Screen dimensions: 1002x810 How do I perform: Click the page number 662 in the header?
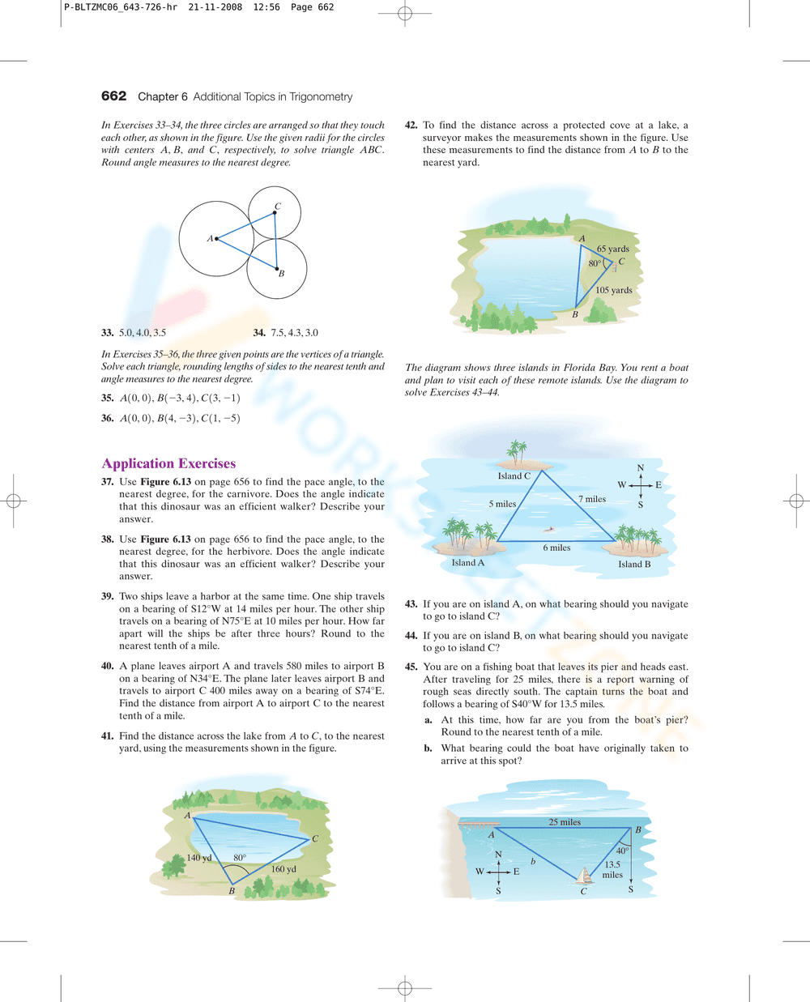click(x=113, y=96)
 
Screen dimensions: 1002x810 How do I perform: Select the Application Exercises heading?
click(x=168, y=463)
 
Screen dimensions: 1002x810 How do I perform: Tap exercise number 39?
click(x=107, y=596)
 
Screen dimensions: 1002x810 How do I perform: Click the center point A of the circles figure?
click(x=216, y=238)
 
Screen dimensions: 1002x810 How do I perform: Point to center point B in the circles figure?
click(x=277, y=269)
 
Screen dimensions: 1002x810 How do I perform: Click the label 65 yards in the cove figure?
click(x=612, y=249)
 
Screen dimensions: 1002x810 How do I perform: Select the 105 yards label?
click(x=613, y=290)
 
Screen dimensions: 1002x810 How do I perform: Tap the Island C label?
click(x=514, y=476)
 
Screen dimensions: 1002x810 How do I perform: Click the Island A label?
click(x=467, y=563)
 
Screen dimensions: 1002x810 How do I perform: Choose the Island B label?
click(x=634, y=565)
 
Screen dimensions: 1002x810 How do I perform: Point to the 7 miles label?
click(x=592, y=499)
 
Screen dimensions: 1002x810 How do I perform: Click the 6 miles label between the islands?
click(x=556, y=548)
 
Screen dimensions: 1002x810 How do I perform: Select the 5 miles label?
click(x=502, y=504)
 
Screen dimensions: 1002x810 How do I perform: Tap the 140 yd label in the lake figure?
click(x=198, y=858)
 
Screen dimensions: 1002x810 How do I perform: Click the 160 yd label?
click(x=283, y=869)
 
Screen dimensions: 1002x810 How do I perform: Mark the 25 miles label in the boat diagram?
click(x=565, y=822)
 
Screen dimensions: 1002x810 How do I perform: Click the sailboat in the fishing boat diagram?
click(x=584, y=876)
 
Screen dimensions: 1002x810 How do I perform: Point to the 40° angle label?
click(x=622, y=851)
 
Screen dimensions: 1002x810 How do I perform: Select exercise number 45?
click(x=411, y=667)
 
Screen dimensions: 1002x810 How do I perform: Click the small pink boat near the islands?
click(x=551, y=530)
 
